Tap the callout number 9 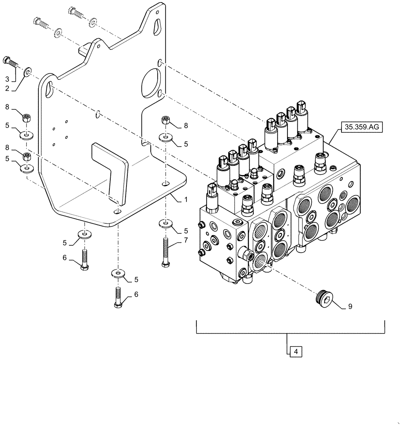coord(350,306)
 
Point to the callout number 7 coord(186,241)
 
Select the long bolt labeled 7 coord(165,253)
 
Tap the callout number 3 coord(7,79)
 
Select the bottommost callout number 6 coord(135,294)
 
